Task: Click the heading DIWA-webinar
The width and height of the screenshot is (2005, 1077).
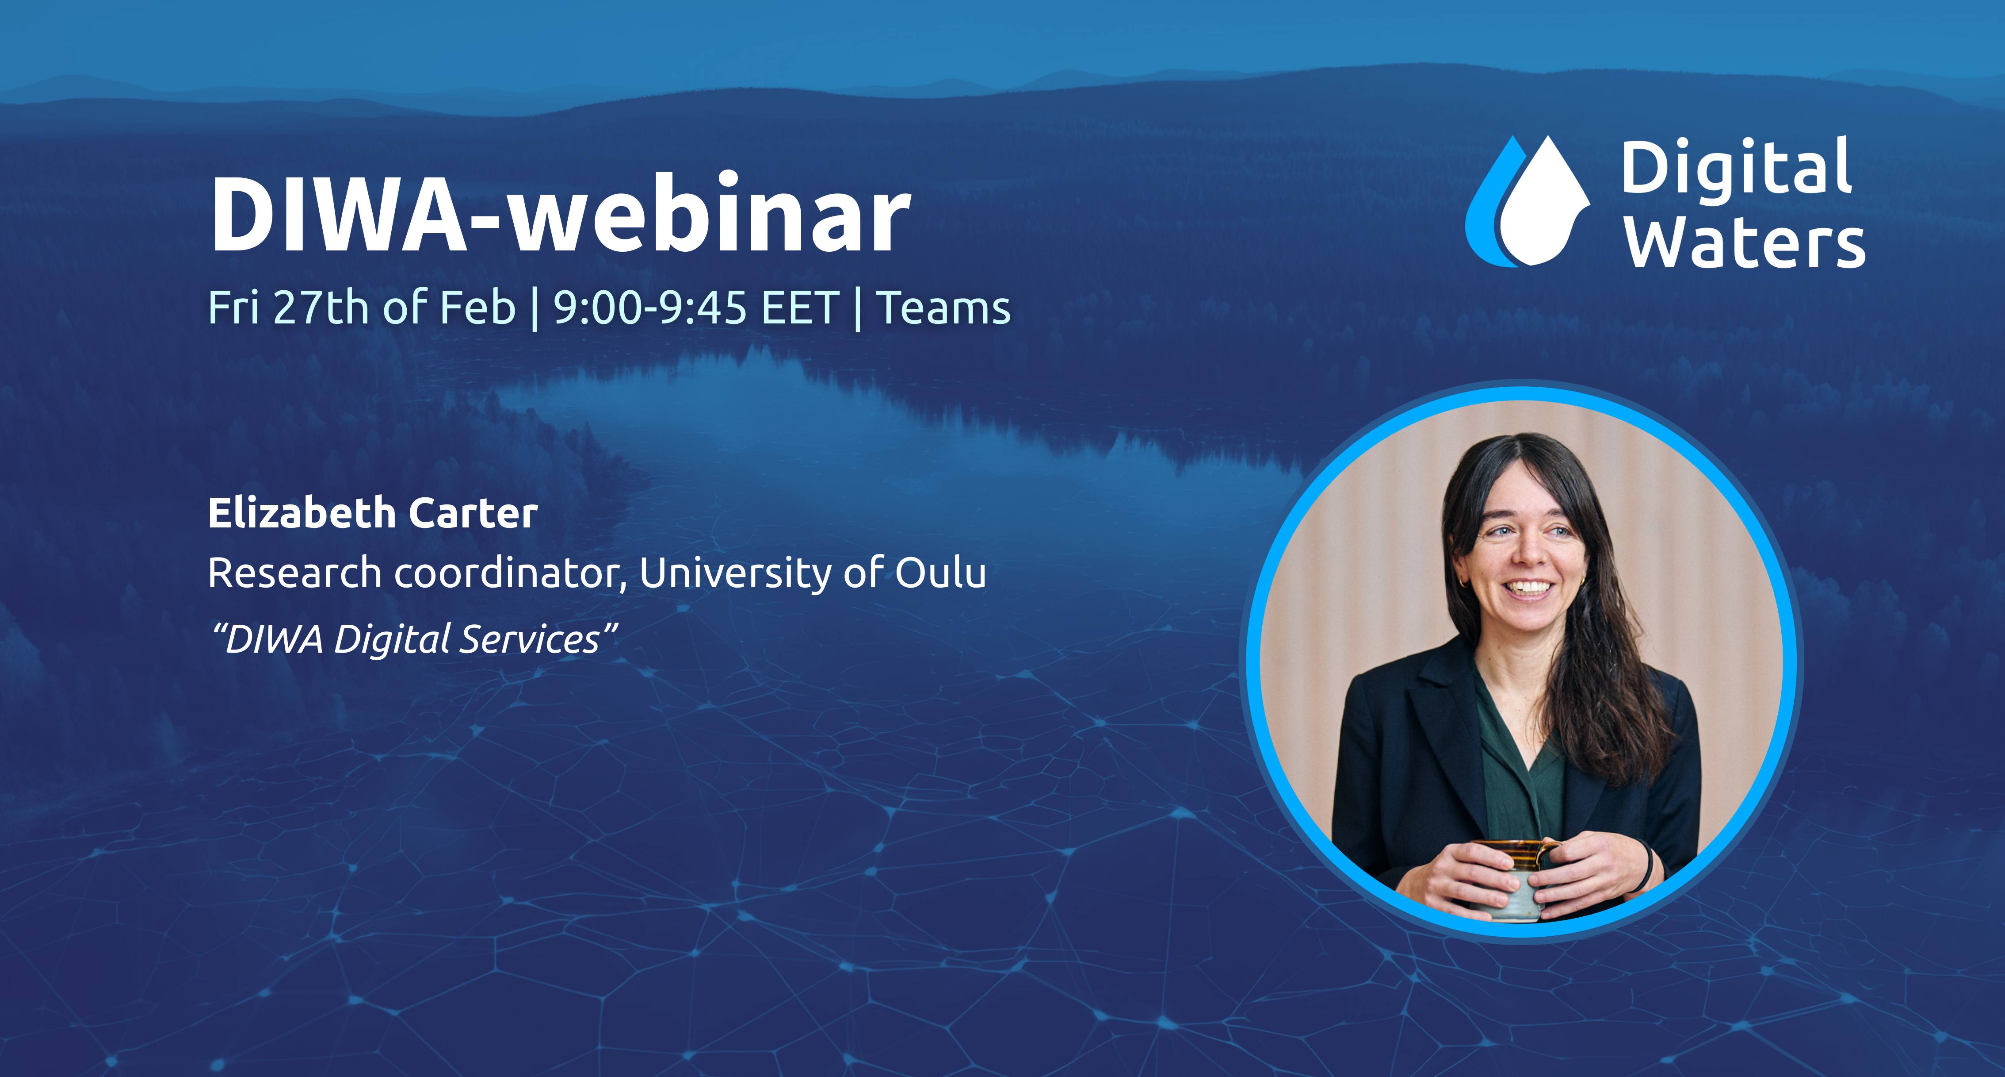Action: click(561, 214)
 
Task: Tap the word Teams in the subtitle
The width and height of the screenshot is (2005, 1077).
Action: click(943, 308)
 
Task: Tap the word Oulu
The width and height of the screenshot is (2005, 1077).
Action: click(940, 574)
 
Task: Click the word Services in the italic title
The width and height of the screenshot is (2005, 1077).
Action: click(529, 640)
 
